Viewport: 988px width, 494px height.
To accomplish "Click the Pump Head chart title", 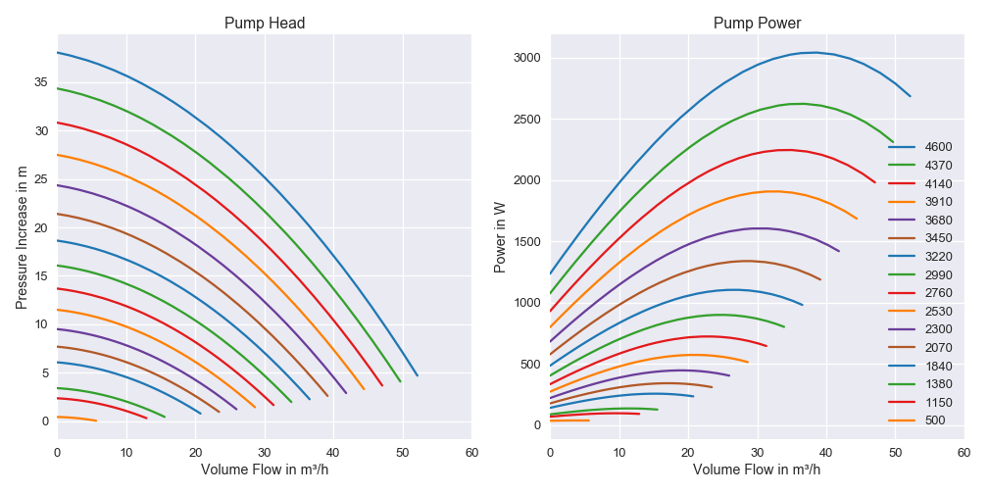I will click(x=264, y=23).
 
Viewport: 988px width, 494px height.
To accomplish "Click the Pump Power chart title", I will click(x=757, y=23).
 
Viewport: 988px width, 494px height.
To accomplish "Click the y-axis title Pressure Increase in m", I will click(x=23, y=237).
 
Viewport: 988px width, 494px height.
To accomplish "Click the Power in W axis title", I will click(x=500, y=237).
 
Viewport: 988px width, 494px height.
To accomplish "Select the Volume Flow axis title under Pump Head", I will click(x=264, y=469).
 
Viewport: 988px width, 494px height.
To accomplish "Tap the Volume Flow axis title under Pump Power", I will click(x=757, y=469).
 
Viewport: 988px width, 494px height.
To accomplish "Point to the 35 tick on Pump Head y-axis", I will click(x=41, y=82).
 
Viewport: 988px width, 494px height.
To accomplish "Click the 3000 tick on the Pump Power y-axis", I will click(x=526, y=58).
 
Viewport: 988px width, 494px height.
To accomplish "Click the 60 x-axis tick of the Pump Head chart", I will click(x=471, y=452).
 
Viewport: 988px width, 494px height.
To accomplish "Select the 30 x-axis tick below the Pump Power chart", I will click(x=757, y=452).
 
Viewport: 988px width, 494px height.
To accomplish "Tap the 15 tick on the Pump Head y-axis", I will click(x=41, y=276).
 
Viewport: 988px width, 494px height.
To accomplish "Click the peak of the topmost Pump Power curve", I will click(x=815, y=52).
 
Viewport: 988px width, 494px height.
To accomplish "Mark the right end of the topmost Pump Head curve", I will click(x=417, y=375).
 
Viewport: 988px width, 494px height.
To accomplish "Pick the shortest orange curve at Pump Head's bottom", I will click(x=76, y=419).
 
